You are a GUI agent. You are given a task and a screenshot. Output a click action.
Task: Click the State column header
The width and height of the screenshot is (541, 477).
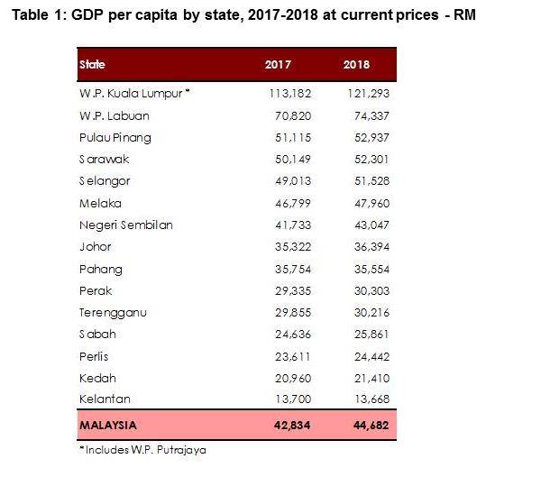pyautogui.click(x=92, y=65)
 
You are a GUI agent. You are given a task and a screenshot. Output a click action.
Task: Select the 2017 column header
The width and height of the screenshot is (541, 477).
pyautogui.click(x=278, y=65)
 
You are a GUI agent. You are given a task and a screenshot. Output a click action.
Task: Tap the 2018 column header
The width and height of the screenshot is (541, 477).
pyautogui.click(x=356, y=65)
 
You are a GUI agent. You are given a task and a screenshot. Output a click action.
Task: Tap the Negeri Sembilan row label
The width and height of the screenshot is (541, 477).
pyautogui.click(x=125, y=225)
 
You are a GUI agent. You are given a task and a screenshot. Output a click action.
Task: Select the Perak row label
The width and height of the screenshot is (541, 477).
pyautogui.click(x=95, y=290)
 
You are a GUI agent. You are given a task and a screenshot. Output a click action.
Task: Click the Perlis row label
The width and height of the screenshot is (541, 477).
pyautogui.click(x=95, y=356)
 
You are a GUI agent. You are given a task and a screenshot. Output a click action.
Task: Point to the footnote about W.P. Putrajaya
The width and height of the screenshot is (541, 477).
pyautogui.click(x=144, y=448)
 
